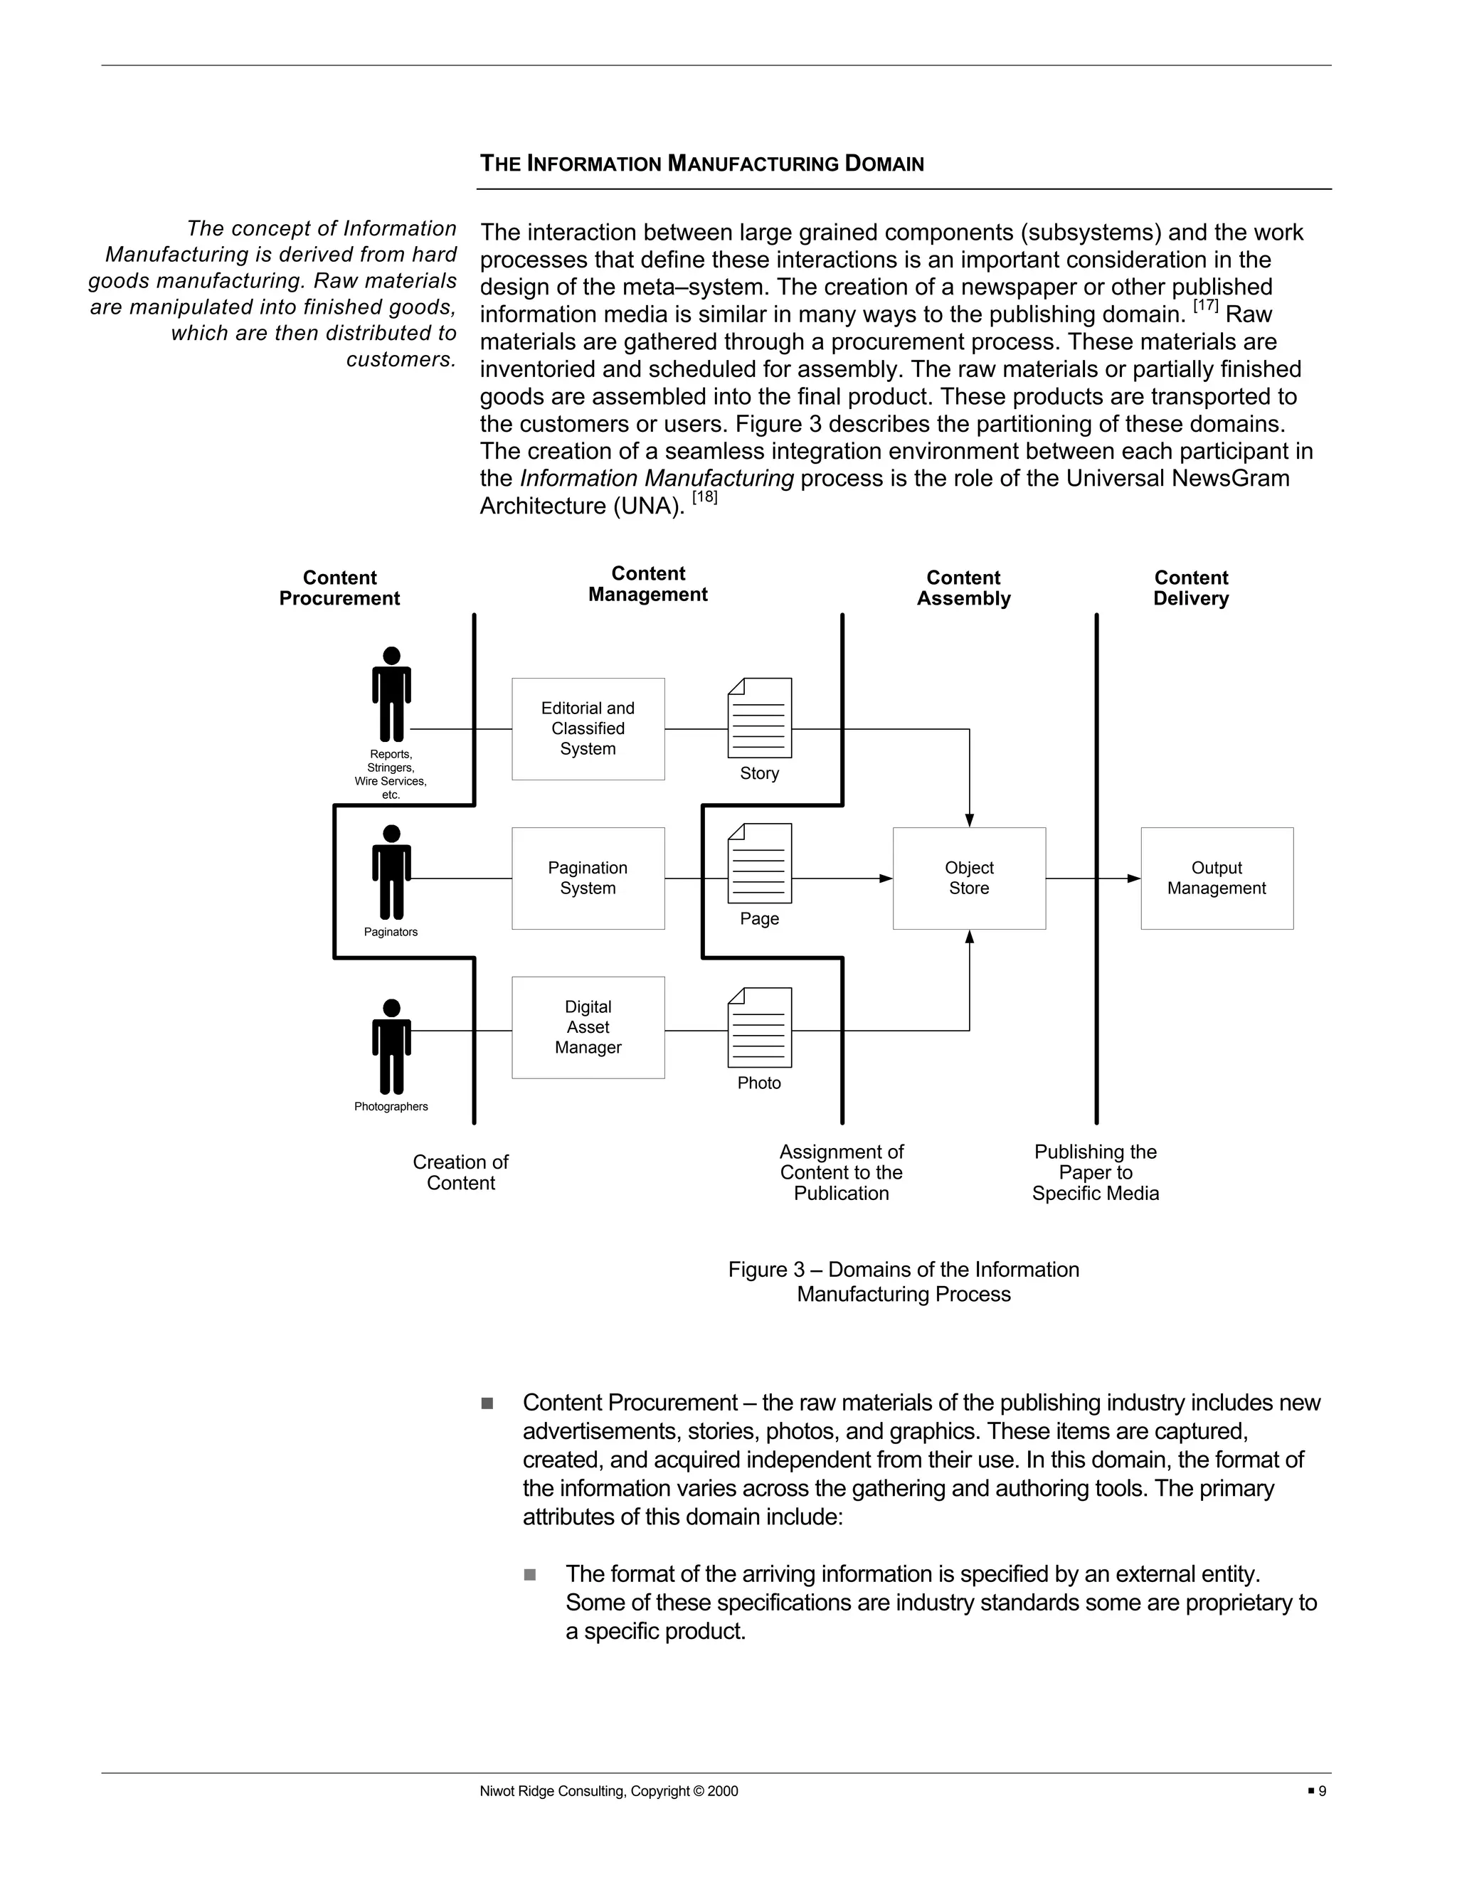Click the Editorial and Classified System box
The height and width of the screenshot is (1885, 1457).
(x=588, y=728)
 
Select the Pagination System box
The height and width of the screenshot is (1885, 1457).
(x=588, y=878)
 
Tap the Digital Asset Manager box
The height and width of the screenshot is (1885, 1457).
(x=588, y=1027)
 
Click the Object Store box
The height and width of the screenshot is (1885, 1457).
(x=968, y=878)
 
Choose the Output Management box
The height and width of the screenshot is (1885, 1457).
(x=1216, y=878)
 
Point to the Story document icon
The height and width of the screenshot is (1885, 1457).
(x=760, y=718)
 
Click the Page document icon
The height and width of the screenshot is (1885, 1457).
(x=760, y=863)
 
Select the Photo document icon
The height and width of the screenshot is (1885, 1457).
(x=760, y=1027)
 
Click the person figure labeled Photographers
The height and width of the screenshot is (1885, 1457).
(x=391, y=1046)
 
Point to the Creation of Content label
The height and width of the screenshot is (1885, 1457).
(x=460, y=1172)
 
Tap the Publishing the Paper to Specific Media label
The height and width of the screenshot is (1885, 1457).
(x=1096, y=1172)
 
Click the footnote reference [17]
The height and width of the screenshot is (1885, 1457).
(x=1205, y=306)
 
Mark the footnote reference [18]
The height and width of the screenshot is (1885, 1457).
(x=704, y=497)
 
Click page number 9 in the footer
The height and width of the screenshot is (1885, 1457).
(x=1322, y=1791)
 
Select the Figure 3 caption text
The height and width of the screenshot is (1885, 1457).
(x=903, y=1281)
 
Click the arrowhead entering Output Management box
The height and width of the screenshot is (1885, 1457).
(x=1133, y=878)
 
